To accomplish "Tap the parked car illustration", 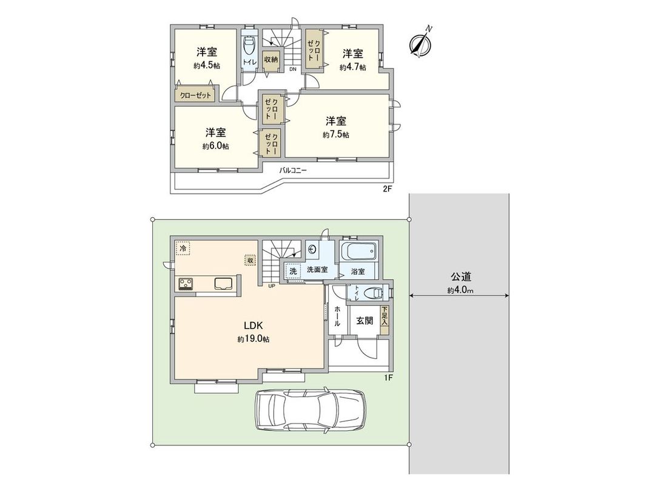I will click(x=311, y=410).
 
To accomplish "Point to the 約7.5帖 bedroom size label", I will click(x=335, y=135).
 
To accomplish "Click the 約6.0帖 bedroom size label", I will click(x=215, y=146).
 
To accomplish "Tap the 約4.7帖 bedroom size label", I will click(x=352, y=67).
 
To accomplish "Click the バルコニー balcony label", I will click(x=293, y=171).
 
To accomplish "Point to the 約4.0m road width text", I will click(x=460, y=290).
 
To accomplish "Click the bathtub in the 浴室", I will click(x=358, y=251).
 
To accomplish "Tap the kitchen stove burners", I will click(x=186, y=283).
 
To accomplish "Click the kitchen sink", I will click(x=222, y=283).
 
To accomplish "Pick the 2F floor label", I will click(x=387, y=189).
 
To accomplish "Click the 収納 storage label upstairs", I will click(x=270, y=59).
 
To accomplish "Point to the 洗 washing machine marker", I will click(x=293, y=271).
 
